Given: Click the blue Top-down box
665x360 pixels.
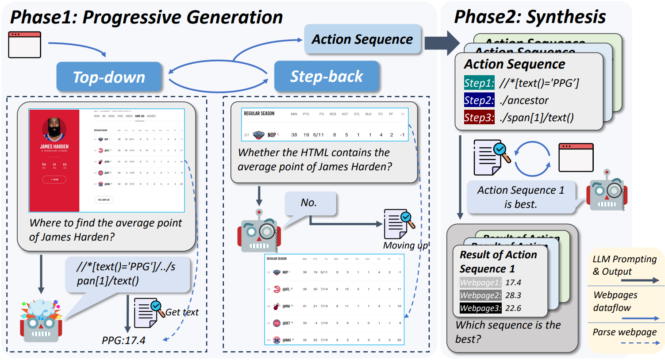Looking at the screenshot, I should tap(109, 77).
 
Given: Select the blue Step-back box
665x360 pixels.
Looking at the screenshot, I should tap(327, 77).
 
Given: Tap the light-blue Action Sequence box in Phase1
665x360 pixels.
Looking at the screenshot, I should tap(362, 39).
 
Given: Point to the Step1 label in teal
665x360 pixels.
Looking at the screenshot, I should tap(479, 83).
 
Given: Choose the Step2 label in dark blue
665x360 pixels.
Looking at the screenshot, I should tap(479, 100).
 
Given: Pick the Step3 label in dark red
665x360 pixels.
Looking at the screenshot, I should tap(479, 118).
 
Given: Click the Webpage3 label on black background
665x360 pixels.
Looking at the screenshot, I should tap(480, 308).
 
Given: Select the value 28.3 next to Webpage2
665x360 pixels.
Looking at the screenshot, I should tap(513, 295).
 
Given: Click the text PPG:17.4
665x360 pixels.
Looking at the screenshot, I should tap(123, 341).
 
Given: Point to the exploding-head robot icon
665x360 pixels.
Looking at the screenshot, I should tap(41, 321).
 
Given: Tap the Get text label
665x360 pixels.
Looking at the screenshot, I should tap(182, 312).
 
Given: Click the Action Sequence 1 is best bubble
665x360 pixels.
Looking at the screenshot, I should tap(521, 197).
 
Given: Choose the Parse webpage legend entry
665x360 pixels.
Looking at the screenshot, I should tap(624, 332).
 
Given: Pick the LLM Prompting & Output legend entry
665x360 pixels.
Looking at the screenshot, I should tap(624, 265).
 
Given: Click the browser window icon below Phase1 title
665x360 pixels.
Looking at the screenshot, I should tap(25, 45).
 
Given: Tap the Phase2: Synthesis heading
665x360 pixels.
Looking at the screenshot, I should tap(530, 17).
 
